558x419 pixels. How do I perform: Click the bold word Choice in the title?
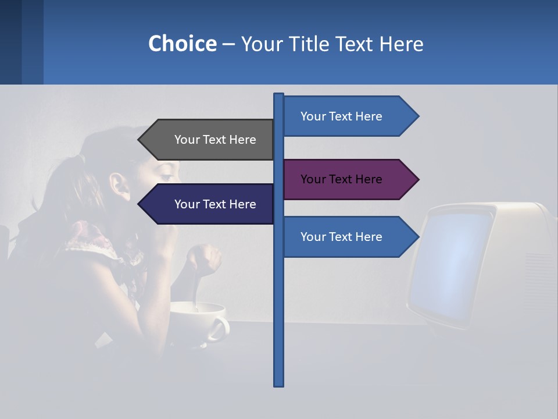[x=182, y=44]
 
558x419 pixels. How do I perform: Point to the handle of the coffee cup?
[x=219, y=329]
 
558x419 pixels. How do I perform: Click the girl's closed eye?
[x=166, y=175]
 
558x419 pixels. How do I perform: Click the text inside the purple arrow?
[x=341, y=179]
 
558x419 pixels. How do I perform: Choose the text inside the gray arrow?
[x=215, y=140]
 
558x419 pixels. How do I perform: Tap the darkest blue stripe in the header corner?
[x=10, y=42]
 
